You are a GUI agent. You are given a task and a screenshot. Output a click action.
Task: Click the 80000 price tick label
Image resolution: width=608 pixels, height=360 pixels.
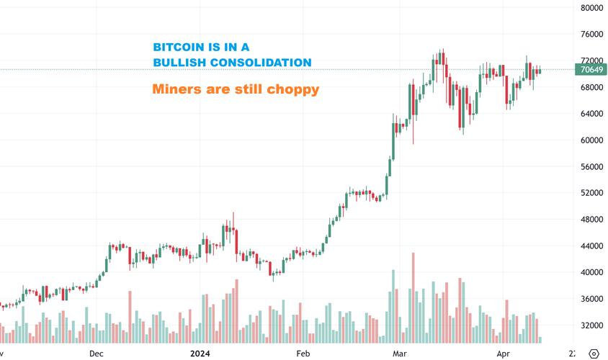pos(591,8)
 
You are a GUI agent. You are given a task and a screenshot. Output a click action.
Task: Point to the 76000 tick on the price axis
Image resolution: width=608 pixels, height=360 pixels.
pos(591,35)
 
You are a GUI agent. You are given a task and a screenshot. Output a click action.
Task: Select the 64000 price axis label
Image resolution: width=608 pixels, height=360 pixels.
pos(591,114)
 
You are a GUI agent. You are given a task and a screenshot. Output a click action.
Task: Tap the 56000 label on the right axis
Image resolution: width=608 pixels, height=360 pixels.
pos(591,166)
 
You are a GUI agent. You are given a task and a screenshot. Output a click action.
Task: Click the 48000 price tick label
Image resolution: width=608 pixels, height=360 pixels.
pos(591,220)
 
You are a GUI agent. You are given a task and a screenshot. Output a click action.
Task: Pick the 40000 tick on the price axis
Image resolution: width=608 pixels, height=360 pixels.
pos(591,272)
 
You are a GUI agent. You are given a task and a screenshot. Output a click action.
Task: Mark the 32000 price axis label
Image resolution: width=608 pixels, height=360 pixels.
pos(591,325)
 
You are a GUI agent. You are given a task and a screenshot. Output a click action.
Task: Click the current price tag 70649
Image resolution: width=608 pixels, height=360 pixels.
pos(591,70)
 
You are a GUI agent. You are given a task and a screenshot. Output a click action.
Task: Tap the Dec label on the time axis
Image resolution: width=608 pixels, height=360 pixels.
pos(97,354)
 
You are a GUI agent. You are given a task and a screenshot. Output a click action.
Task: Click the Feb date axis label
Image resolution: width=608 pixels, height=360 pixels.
pos(303,354)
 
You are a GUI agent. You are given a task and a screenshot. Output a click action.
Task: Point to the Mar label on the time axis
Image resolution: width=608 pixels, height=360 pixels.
pos(400,354)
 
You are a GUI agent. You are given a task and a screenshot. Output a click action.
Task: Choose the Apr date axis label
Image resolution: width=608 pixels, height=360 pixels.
pos(503,354)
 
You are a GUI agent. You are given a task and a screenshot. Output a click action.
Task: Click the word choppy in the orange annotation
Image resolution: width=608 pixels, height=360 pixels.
pos(293,91)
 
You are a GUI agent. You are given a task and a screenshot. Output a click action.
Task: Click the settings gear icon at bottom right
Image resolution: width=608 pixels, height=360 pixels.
pos(594,354)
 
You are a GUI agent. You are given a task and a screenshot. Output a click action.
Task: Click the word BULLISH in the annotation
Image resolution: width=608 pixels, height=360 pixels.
pos(180,63)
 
